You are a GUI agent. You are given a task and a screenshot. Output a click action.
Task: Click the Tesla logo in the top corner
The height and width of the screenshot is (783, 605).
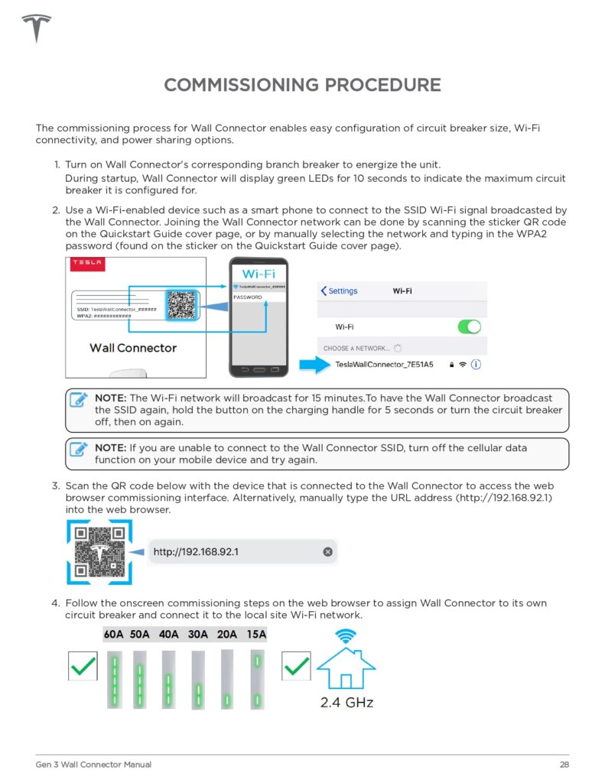[36, 28]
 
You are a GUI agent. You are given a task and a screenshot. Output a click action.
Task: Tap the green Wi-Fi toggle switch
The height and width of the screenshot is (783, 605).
[469, 327]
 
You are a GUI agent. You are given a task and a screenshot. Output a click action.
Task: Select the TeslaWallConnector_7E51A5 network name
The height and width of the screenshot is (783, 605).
[384, 365]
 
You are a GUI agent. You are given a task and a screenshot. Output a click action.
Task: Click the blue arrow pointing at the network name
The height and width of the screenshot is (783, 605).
[314, 365]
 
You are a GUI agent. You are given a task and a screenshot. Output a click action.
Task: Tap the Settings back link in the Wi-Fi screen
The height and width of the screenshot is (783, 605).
[340, 291]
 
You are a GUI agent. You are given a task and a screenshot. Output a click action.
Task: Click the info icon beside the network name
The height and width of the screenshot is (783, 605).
[477, 365]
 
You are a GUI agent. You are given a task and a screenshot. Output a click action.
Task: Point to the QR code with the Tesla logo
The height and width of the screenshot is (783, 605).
[99, 552]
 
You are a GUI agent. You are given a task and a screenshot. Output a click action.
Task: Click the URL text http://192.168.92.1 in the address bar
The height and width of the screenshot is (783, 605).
[196, 551]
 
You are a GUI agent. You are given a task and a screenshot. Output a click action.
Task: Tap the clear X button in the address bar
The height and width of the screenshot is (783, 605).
[328, 551]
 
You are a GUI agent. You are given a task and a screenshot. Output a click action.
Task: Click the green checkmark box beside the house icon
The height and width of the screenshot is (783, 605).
[296, 666]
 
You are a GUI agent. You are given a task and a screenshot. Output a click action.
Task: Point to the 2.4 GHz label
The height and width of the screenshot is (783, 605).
[346, 701]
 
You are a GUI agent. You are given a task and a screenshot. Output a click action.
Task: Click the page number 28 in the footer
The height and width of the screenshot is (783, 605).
[564, 765]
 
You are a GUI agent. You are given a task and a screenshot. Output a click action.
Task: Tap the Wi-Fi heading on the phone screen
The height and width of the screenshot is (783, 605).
[259, 273]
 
